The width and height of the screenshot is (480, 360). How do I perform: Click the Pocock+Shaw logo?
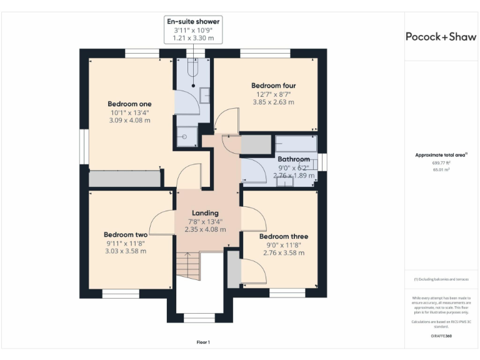pos(441,36)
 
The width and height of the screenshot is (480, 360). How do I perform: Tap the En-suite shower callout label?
pos(193,22)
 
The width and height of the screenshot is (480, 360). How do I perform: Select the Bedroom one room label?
pos(129,104)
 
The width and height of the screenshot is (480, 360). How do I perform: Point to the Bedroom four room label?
pos(273,86)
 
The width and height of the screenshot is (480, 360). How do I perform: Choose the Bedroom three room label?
pos(283,236)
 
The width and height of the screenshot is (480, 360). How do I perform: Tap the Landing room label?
pos(205,213)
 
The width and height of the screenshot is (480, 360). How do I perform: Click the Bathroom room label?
pos(294,159)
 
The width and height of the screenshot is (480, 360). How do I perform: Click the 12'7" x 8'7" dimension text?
pos(273,94)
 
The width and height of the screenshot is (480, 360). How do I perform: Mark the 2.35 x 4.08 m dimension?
pos(205,229)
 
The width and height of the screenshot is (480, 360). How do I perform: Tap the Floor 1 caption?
pos(203,342)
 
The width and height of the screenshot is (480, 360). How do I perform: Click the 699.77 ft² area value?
pos(441,162)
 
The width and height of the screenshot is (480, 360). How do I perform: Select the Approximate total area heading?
pos(441,155)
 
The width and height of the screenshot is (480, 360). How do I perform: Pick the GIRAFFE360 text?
pos(441,336)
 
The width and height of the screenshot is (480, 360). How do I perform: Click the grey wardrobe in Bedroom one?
pos(124,179)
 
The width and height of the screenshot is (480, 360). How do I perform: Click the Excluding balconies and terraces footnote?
pos(441,279)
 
